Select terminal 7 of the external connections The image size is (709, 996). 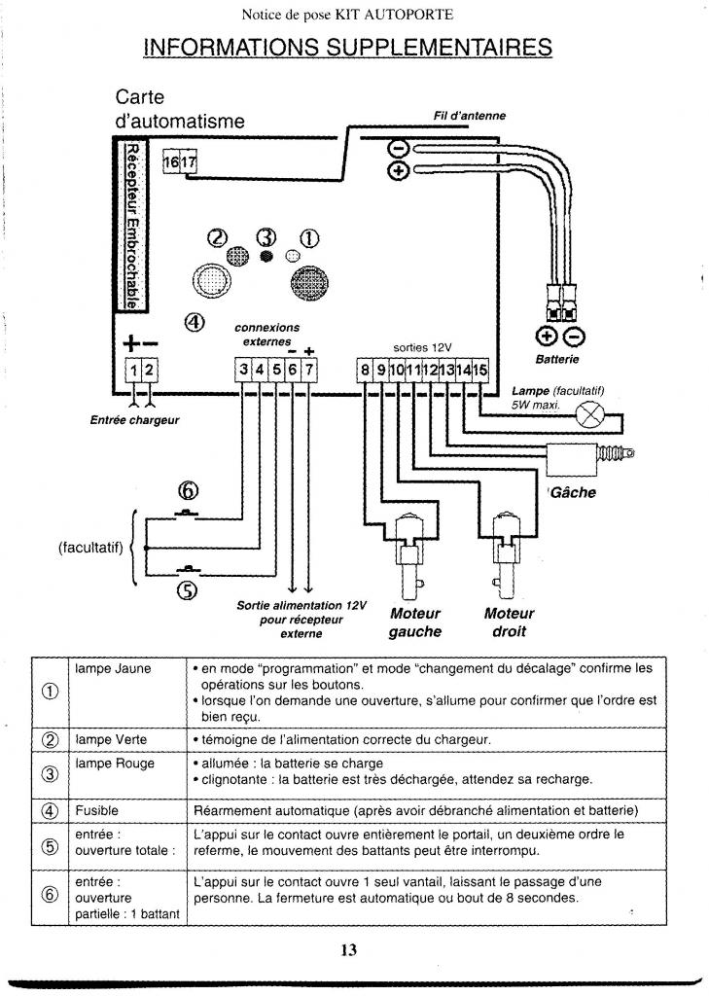308,370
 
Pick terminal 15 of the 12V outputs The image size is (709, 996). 480,370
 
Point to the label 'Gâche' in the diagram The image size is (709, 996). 573,492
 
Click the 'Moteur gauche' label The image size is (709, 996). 415,622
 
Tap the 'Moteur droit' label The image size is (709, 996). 509,622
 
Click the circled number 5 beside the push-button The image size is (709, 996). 187,589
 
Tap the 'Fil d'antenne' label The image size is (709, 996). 470,116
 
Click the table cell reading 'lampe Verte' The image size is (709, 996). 111,739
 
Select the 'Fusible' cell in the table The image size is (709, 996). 96,810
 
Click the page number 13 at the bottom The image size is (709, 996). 349,950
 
